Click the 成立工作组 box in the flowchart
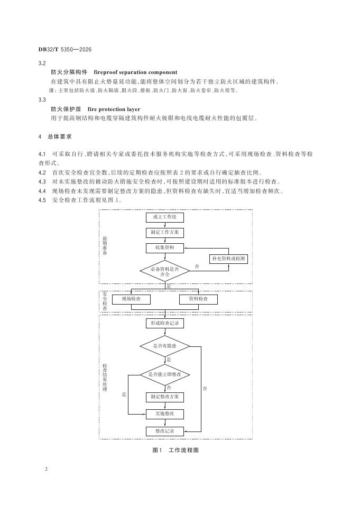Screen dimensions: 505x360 [x=164, y=217]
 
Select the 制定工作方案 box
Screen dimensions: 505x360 [x=164, y=232]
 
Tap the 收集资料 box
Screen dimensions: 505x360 [x=164, y=247]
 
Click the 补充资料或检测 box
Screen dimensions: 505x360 [x=228, y=259]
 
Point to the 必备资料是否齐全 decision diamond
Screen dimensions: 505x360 [x=164, y=271]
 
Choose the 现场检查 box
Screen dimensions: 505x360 [x=131, y=299]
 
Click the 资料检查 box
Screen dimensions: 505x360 [x=198, y=299]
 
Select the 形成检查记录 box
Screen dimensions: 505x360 [x=164, y=323]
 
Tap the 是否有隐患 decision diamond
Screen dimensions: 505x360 [x=164, y=346]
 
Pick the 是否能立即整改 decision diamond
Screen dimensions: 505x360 [x=164, y=374]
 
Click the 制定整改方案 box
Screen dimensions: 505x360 [x=164, y=397]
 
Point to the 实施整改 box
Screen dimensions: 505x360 [x=164, y=414]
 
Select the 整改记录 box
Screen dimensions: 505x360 [x=164, y=431]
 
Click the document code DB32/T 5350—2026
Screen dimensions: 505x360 [x=65, y=49]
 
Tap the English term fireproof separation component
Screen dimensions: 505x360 [x=135, y=72]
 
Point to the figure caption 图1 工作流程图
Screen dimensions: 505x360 [x=175, y=450]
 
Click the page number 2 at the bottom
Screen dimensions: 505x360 [x=47, y=469]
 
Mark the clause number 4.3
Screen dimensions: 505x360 [x=42, y=181]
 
